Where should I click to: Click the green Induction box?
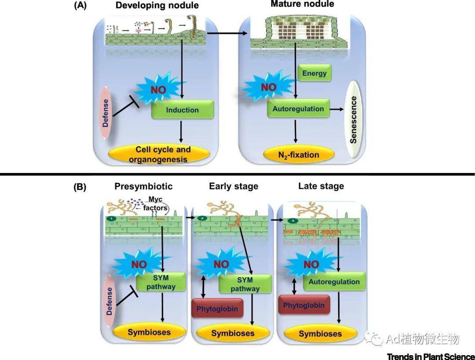pos(183,110)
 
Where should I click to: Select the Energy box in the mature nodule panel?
pos(314,73)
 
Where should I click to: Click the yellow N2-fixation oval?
pos(299,155)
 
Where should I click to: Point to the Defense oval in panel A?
pos(106,112)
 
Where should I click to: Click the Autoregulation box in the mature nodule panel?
pos(298,109)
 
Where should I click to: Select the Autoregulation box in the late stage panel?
pos(334,282)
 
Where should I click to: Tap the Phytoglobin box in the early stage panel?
pos(217,308)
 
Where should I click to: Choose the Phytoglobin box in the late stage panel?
pos(304,305)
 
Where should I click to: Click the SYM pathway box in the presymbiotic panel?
pos(161,282)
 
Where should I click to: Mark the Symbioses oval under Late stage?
pos(320,333)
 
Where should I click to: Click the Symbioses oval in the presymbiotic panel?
pos(149,332)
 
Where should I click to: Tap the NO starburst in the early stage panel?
pos(221,264)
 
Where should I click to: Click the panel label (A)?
pos(80,5)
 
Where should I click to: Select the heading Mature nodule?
pos(302,4)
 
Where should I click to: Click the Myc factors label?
pos(155,203)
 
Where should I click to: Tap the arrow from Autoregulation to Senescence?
pos(336,109)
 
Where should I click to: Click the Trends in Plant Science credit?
pos(431,356)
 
